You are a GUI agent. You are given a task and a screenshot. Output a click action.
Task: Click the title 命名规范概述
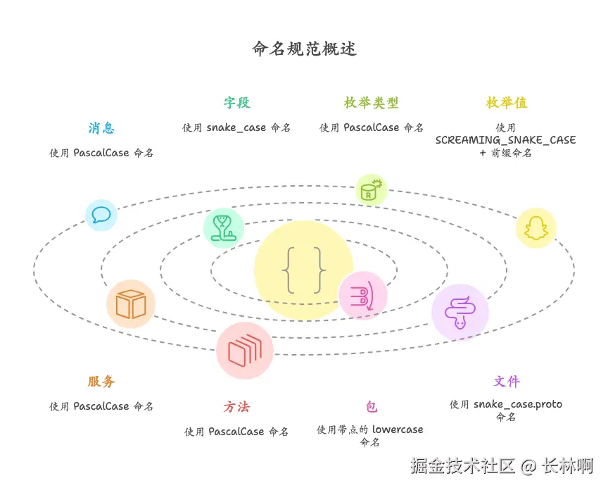coord(304,49)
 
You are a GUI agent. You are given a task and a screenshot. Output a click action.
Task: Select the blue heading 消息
coord(101,128)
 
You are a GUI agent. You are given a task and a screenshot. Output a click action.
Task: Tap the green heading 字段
coord(237,103)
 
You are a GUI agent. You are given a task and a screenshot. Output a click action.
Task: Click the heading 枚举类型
coord(371,103)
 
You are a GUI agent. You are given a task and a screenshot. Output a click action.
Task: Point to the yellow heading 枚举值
coord(506,103)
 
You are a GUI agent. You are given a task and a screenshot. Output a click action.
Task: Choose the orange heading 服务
coord(101,382)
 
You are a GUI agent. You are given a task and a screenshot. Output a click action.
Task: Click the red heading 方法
coord(236,407)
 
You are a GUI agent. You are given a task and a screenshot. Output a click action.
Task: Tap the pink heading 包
coord(371,407)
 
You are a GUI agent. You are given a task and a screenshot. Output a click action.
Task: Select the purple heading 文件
coord(506,382)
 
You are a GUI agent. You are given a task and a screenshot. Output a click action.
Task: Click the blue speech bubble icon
coord(101,215)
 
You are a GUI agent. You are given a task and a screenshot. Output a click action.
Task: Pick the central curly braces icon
coord(304,270)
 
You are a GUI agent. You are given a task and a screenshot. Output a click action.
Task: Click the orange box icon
coord(131,304)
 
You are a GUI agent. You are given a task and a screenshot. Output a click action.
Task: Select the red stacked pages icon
coord(244,351)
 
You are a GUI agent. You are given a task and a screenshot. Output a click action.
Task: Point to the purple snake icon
coord(460,312)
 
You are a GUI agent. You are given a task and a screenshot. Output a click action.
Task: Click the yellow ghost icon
coord(536,228)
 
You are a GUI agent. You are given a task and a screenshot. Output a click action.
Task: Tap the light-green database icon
coord(371,190)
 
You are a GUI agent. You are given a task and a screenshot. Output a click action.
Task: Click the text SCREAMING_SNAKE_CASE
coord(505,140)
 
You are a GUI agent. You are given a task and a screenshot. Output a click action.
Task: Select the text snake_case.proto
coord(517,404)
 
